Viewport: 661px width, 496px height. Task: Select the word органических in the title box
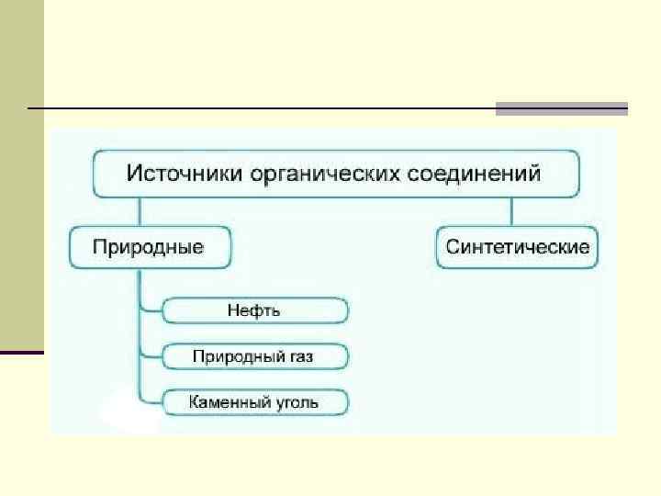(x=310, y=172)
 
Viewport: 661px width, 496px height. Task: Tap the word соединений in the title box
(x=473, y=172)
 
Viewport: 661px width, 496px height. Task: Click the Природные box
(x=150, y=247)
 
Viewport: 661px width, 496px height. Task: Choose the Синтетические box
(x=517, y=247)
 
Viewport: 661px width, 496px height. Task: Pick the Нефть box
(x=255, y=310)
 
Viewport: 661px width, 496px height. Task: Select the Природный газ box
(x=255, y=355)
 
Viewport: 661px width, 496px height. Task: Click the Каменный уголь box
(x=255, y=401)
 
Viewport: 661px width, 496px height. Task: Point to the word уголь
(x=301, y=401)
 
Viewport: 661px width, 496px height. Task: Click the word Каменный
(x=228, y=401)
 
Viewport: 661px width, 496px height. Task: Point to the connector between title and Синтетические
(x=512, y=212)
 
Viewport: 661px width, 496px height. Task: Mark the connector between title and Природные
(x=140, y=212)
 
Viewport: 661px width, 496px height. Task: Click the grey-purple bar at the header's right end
(x=561, y=108)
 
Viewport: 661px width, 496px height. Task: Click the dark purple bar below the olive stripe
(x=21, y=352)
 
